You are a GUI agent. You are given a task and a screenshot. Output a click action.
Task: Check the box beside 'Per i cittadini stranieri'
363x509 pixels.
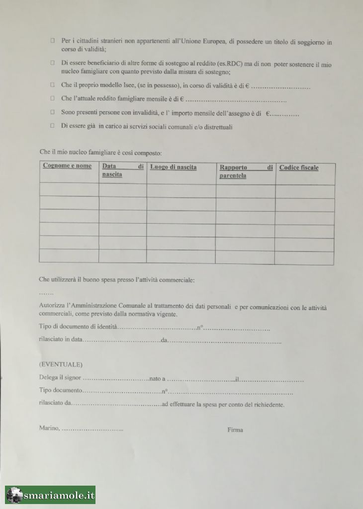click(x=52, y=42)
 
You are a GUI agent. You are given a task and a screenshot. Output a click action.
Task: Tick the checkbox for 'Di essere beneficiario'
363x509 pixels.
click(x=52, y=64)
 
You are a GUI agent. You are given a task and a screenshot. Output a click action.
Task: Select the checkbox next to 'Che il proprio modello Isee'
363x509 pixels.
click(x=52, y=85)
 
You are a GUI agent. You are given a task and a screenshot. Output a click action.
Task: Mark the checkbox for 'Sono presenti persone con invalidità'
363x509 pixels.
click(x=52, y=112)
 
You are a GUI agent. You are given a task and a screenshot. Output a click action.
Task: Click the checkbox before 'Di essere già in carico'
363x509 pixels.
click(x=52, y=126)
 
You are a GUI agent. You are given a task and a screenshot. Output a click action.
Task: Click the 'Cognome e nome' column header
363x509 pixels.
click(x=67, y=166)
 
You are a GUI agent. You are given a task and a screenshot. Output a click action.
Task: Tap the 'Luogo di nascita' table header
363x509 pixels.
click(x=173, y=167)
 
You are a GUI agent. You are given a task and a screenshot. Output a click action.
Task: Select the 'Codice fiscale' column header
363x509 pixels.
click(x=299, y=168)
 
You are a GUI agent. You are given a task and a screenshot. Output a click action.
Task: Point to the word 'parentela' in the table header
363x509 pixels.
click(x=233, y=176)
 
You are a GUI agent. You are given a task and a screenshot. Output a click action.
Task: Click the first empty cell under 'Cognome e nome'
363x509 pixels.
click(x=69, y=190)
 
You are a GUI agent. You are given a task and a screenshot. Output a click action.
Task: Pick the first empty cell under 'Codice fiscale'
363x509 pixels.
click(x=305, y=191)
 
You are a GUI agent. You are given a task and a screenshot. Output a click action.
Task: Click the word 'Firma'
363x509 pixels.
click(x=235, y=430)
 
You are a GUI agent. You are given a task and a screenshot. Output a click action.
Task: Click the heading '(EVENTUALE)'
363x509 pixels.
click(x=61, y=364)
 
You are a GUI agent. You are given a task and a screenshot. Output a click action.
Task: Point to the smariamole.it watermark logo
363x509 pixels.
click(x=50, y=495)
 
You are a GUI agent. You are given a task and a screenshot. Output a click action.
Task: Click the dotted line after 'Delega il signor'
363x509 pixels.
click(x=116, y=379)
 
